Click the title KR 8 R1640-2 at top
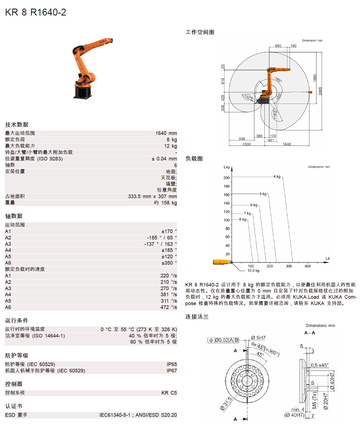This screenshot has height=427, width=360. (x=35, y=12)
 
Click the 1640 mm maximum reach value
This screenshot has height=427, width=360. (x=166, y=133)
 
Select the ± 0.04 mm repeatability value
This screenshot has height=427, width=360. (x=164, y=159)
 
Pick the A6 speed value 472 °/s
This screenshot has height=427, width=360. (x=168, y=307)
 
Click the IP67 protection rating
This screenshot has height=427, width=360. (x=172, y=371)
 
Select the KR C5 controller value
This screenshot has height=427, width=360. (x=169, y=393)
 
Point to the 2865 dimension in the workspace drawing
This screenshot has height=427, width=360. (x=320, y=91)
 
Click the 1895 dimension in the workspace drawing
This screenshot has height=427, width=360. (x=315, y=78)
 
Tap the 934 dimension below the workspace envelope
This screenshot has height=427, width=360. (x=242, y=139)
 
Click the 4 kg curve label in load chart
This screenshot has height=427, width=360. (x=277, y=177)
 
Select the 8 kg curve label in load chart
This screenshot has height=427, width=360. (x=243, y=219)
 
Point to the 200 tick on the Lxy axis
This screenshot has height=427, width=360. (x=226, y=178)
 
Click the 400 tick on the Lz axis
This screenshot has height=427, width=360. (x=308, y=266)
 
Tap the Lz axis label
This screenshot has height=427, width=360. (x=328, y=259)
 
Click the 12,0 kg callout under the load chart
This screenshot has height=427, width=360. (x=253, y=271)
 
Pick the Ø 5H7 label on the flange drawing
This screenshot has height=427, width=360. (x=258, y=338)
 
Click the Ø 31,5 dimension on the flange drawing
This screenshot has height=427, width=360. (x=226, y=403)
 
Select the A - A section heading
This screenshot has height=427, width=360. (x=310, y=333)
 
